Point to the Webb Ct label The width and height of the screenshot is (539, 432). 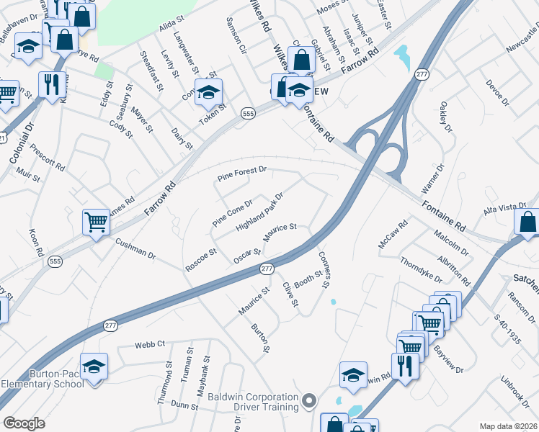tap(150, 345)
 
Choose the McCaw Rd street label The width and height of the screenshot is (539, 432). tap(393, 235)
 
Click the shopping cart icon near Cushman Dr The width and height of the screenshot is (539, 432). tap(95, 222)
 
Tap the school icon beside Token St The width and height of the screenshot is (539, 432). tap(208, 93)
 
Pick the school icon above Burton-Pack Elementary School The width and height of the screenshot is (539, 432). tap(93, 367)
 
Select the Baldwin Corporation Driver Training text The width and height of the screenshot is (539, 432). tap(253, 402)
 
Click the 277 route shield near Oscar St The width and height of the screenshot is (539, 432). tap(267, 269)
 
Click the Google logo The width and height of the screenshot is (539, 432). tap(24, 423)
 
